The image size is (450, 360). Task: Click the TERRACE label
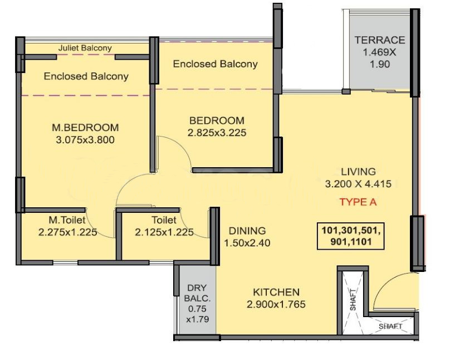click(379, 40)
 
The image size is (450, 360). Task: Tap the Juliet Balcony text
click(85, 48)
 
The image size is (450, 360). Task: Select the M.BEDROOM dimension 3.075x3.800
click(85, 140)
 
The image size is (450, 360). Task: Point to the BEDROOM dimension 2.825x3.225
click(217, 133)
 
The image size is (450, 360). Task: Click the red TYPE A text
click(358, 202)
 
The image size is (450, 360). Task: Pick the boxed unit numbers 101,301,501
click(351, 230)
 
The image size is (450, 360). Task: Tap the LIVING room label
click(358, 172)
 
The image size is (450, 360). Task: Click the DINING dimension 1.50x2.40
click(247, 243)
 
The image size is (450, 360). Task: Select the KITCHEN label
click(276, 292)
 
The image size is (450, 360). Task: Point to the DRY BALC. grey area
click(197, 300)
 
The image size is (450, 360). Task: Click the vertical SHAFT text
click(353, 299)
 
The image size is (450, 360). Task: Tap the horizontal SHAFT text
click(390, 327)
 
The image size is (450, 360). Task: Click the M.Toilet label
click(67, 220)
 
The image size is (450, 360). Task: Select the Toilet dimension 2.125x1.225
click(164, 232)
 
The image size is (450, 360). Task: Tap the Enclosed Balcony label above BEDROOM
click(215, 64)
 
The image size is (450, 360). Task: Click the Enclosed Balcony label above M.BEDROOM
click(86, 76)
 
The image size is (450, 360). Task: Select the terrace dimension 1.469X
click(379, 52)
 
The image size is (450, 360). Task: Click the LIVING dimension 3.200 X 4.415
click(358, 184)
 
